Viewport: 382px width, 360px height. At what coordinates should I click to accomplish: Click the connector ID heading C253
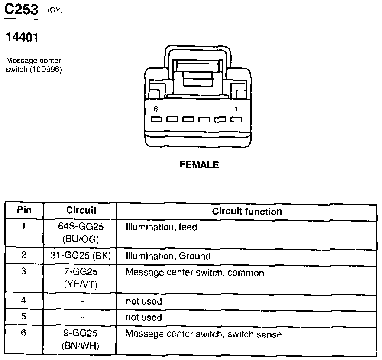(20, 10)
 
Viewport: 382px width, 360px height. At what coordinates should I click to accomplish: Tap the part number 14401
(22, 38)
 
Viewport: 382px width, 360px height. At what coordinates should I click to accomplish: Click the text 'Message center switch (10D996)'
(34, 64)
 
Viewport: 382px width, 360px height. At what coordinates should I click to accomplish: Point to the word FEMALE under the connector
(199, 165)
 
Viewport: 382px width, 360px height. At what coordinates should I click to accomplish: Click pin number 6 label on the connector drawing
(156, 109)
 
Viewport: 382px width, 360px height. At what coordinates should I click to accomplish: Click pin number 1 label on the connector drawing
(236, 109)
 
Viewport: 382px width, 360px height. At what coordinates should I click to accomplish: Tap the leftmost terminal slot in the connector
(156, 119)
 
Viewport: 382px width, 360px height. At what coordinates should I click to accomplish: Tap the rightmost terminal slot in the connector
(236, 119)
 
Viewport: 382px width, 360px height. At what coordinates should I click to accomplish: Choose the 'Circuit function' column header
(247, 211)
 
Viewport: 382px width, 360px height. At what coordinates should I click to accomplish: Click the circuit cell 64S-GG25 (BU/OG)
(81, 233)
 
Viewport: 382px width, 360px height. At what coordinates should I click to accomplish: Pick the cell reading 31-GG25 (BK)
(81, 256)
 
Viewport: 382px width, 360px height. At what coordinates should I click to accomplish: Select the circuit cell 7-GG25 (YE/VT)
(81, 278)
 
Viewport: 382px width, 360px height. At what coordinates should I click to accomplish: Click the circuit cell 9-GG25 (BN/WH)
(81, 340)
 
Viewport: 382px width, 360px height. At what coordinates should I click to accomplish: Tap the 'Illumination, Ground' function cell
(168, 256)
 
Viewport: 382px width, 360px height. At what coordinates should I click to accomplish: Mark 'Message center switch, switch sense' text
(204, 334)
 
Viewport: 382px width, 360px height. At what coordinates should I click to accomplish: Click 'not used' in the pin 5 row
(144, 318)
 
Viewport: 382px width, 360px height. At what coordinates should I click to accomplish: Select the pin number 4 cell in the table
(24, 301)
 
